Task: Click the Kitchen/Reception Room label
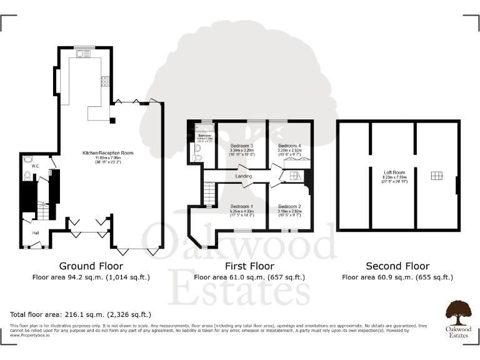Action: pos(107,152)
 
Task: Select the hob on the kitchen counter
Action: pos(105,81)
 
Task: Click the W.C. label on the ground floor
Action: pos(36,166)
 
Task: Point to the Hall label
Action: pos(36,233)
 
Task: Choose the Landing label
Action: pos(243,176)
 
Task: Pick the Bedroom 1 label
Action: pos(242,206)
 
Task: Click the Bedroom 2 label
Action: pos(289,206)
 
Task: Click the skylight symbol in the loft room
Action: pos(435,177)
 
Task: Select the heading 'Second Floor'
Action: pos(397,266)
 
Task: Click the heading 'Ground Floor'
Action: pos(91,266)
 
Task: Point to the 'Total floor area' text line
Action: pos(81,314)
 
